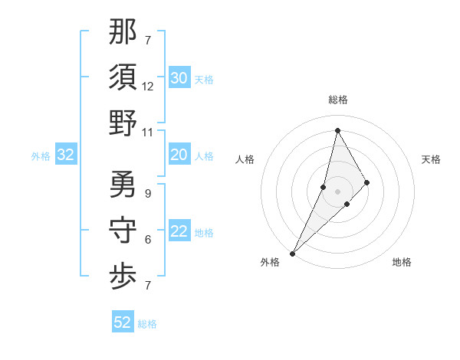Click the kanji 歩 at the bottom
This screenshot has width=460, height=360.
click(x=123, y=277)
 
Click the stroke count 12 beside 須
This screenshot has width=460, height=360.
click(x=148, y=87)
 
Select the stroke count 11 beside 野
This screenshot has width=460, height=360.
click(x=148, y=133)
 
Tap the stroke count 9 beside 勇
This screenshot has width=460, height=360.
click(x=148, y=194)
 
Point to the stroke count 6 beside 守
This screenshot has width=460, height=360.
click(x=148, y=240)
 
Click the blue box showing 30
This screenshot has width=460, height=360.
click(x=179, y=78)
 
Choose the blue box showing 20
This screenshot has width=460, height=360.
click(x=179, y=155)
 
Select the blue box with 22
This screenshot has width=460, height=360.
click(x=179, y=232)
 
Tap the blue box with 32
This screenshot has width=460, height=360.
click(x=65, y=155)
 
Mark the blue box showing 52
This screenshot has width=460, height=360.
click(x=123, y=322)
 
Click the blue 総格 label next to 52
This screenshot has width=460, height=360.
click(x=147, y=324)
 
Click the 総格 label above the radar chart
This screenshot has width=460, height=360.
click(x=337, y=100)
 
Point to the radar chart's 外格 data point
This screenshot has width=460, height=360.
click(x=293, y=253)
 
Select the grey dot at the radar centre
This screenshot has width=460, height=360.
click(x=337, y=191)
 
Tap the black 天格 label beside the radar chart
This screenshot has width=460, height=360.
click(x=431, y=159)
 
